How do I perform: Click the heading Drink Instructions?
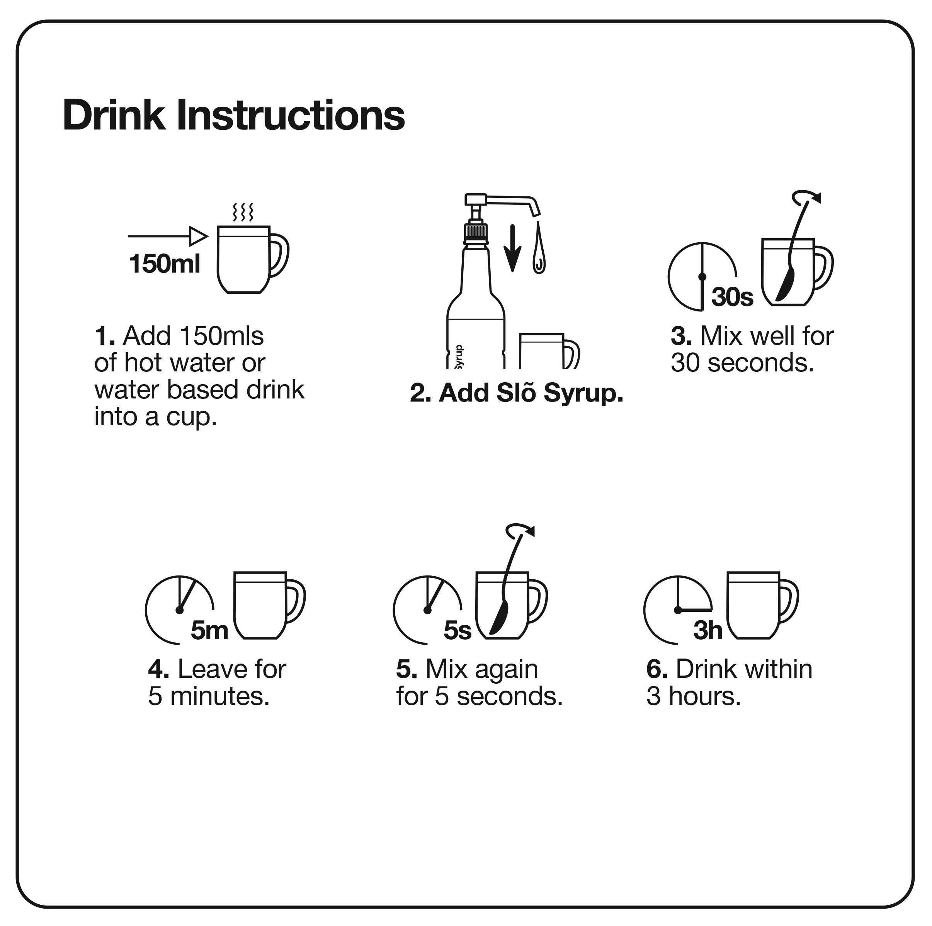click(x=233, y=116)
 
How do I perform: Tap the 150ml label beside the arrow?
click(x=165, y=264)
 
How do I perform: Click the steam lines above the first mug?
click(x=243, y=212)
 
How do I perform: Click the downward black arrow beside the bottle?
click(x=512, y=248)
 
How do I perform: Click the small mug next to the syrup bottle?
click(x=549, y=351)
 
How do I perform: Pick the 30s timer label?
click(x=732, y=297)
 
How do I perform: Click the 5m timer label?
click(x=209, y=630)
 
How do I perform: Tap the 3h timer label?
click(x=708, y=630)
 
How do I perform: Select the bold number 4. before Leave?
click(x=158, y=669)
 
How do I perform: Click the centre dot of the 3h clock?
click(x=678, y=610)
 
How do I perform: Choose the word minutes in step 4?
click(x=219, y=696)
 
